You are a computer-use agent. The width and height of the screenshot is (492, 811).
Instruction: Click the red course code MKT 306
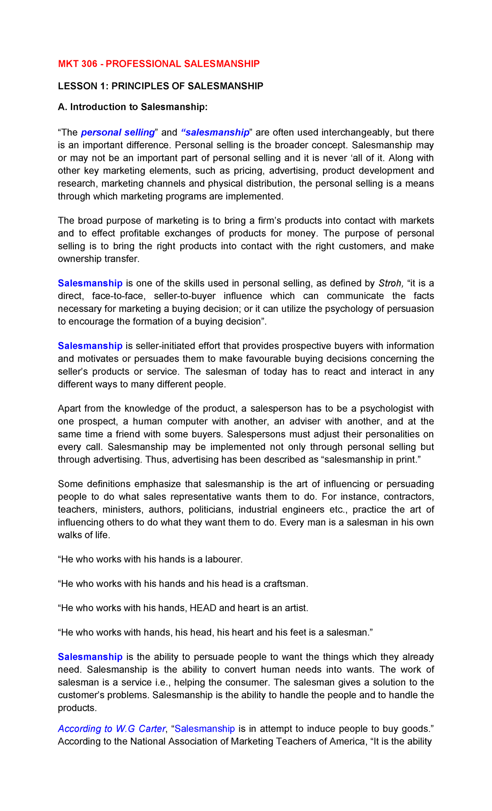tap(77, 64)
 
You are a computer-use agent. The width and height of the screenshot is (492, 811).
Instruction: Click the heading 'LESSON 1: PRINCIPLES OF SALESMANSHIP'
tap(160, 86)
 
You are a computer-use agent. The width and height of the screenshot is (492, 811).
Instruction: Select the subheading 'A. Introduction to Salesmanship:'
tap(133, 107)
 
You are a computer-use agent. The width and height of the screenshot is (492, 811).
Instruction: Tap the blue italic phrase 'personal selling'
tap(118, 133)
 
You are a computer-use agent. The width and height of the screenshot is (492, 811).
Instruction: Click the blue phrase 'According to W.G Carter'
tap(112, 729)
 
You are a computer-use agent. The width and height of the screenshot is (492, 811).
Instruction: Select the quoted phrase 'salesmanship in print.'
tap(372, 460)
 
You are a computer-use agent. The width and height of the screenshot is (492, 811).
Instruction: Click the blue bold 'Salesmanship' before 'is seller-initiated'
tap(90, 346)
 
